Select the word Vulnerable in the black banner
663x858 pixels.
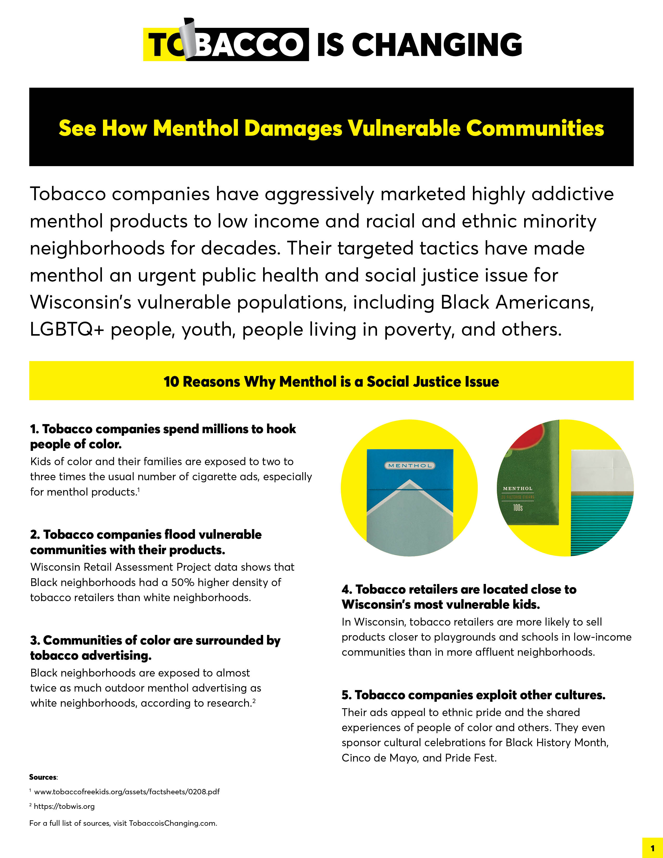click(x=404, y=128)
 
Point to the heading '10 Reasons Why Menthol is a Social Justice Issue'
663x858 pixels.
click(x=331, y=381)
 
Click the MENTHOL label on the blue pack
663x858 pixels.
click(x=410, y=466)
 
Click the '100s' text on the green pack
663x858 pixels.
click(x=518, y=508)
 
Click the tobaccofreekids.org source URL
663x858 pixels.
click(x=126, y=792)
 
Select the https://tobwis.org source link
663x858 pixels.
click(x=64, y=807)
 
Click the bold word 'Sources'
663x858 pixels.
click(x=43, y=777)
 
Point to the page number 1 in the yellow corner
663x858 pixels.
click(x=652, y=848)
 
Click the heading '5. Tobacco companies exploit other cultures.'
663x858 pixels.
click(x=473, y=695)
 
